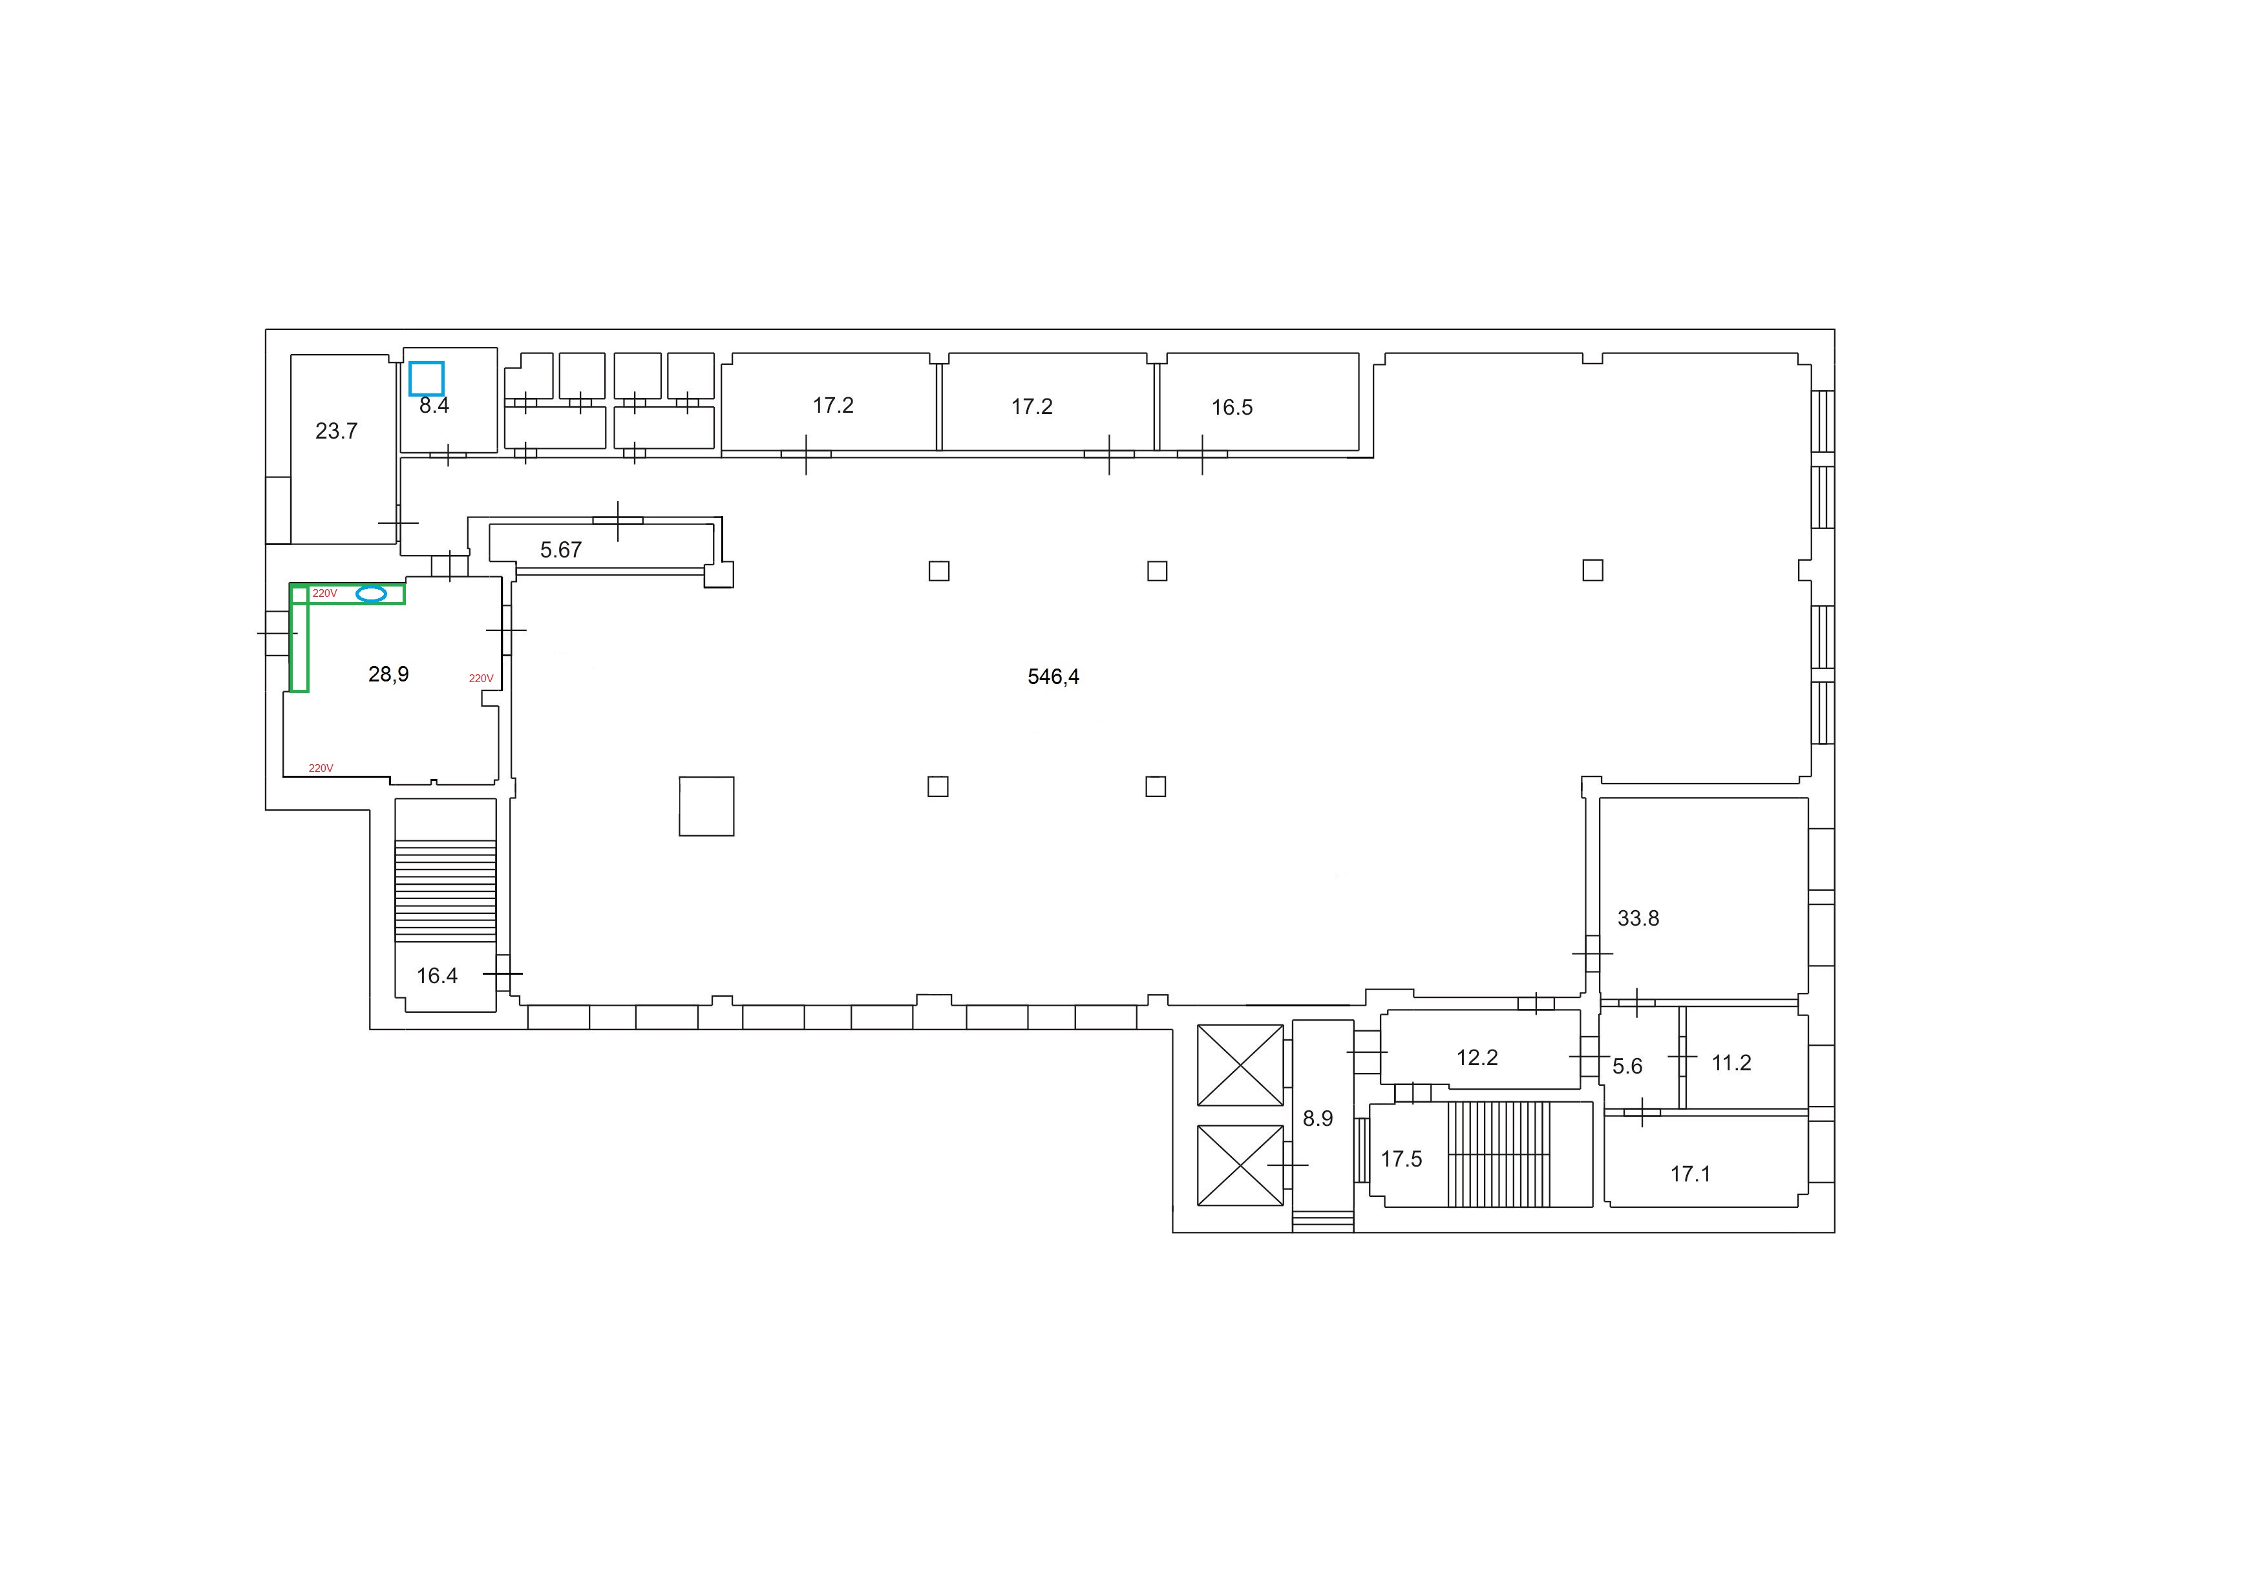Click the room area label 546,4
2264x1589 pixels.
1053,676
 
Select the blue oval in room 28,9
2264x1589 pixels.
371,594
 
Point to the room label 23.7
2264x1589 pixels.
336,431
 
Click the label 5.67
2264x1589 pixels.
561,550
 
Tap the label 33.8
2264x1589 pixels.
1638,919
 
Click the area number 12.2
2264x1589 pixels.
1477,1057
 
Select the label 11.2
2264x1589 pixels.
1731,1063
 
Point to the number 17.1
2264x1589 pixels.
1690,1174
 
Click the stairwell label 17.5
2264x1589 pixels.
1401,1159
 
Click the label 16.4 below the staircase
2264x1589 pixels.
437,976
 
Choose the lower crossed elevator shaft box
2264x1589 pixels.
1240,1165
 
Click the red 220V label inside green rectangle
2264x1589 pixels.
324,594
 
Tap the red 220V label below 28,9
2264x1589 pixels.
321,768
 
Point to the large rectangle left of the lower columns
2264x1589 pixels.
706,805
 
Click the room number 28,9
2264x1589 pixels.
388,674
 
